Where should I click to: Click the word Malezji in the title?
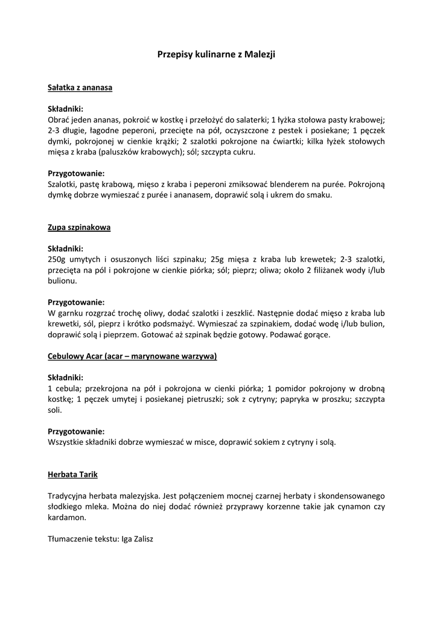pyautogui.click(x=261, y=54)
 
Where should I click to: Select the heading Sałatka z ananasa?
pyautogui.click(x=80, y=88)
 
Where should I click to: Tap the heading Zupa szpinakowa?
pyautogui.click(x=79, y=228)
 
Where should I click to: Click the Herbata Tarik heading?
pyautogui.click(x=72, y=475)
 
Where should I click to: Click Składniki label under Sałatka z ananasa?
pyautogui.click(x=65, y=109)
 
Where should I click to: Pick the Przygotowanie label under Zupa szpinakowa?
pyautogui.click(x=76, y=302)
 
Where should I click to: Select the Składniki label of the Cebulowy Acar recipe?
pyautogui.click(x=65, y=377)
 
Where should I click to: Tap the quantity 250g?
pyautogui.click(x=57, y=259)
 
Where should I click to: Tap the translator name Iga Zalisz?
pyautogui.click(x=137, y=539)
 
